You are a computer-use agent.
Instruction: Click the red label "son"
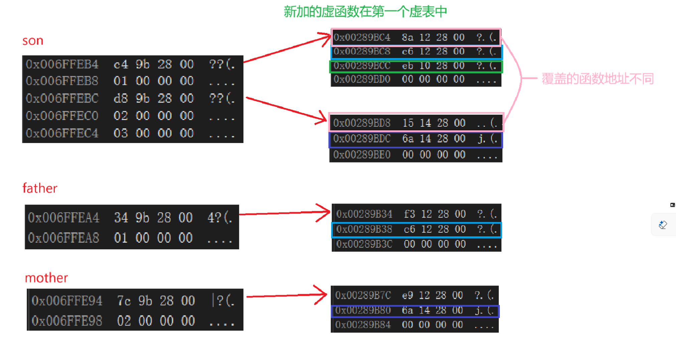click(33, 41)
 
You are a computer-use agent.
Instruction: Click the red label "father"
click(40, 189)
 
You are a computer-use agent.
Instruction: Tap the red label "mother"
click(46, 278)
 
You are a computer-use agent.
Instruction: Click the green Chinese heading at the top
click(365, 12)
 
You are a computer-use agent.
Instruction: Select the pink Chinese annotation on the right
click(597, 79)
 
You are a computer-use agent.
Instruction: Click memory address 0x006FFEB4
click(62, 64)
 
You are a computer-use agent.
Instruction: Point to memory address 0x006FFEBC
click(62, 99)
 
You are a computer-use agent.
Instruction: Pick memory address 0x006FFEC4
click(62, 133)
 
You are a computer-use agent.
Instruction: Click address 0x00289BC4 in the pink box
click(362, 37)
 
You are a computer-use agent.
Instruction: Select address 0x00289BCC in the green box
click(362, 66)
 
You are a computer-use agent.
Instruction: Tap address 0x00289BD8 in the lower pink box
click(362, 123)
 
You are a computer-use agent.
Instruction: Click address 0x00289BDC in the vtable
click(362, 139)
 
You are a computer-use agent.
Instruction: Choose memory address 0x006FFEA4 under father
click(64, 218)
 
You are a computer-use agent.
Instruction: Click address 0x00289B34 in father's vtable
click(364, 214)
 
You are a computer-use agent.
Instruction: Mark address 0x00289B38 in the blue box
click(364, 229)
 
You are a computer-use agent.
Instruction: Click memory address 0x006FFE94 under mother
click(67, 301)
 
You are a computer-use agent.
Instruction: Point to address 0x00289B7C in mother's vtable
click(363, 295)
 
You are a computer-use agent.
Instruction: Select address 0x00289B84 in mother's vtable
click(363, 325)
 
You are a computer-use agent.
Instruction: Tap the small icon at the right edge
click(663, 225)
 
